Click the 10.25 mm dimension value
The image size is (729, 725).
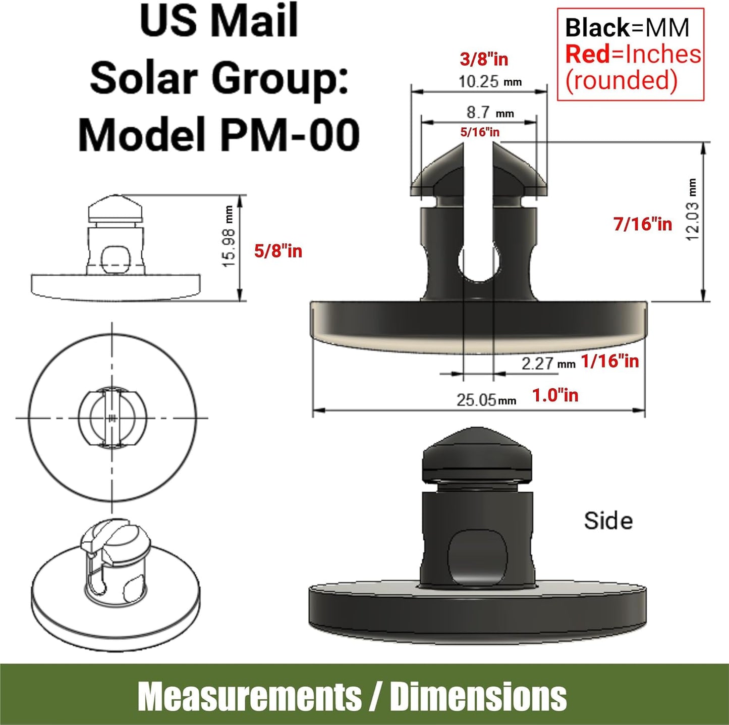pos(490,81)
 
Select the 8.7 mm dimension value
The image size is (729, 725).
pos(490,113)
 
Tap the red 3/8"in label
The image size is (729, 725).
pos(484,59)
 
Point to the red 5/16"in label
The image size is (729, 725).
pos(480,132)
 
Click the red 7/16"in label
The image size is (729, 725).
pos(643,224)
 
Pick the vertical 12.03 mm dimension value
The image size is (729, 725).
pos(692,210)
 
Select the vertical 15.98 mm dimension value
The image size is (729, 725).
pos(229,237)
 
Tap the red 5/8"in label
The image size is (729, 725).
pos(278,251)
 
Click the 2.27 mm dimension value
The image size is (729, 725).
pos(548,364)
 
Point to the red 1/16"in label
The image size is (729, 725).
pos(610,361)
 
